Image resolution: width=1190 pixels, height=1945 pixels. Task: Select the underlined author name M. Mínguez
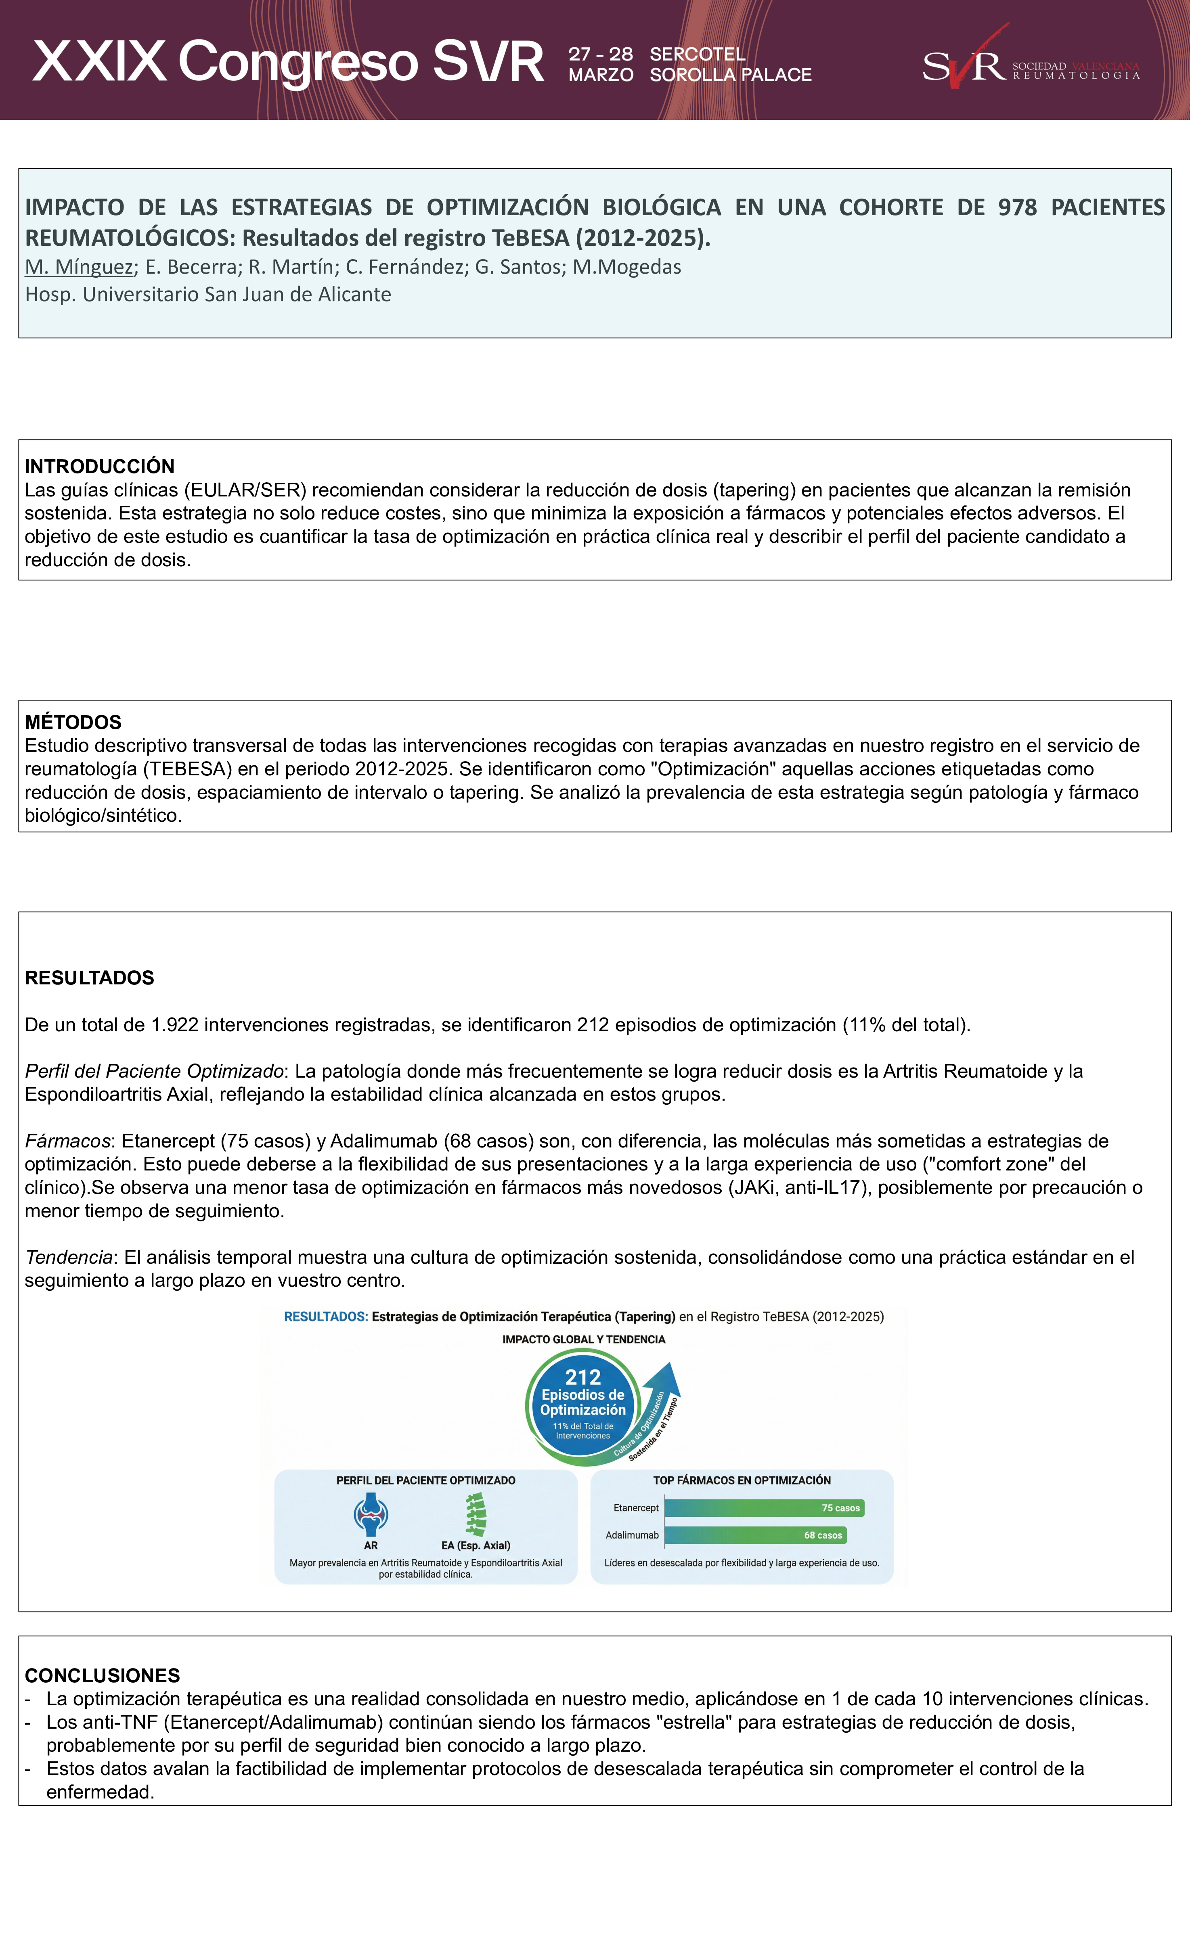click(79, 267)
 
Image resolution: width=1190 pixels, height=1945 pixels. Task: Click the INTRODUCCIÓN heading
click(99, 466)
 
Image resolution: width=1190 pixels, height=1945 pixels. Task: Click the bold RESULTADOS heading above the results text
click(89, 977)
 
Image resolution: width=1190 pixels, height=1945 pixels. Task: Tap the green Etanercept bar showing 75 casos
click(764, 1508)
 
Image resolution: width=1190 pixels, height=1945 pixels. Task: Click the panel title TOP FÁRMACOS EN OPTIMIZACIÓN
click(742, 1480)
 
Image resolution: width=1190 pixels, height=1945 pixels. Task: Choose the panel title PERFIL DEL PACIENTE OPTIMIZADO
click(425, 1480)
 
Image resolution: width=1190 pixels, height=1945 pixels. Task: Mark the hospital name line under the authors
click(207, 294)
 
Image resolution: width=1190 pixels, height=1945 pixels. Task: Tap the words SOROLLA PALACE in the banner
click(730, 75)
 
